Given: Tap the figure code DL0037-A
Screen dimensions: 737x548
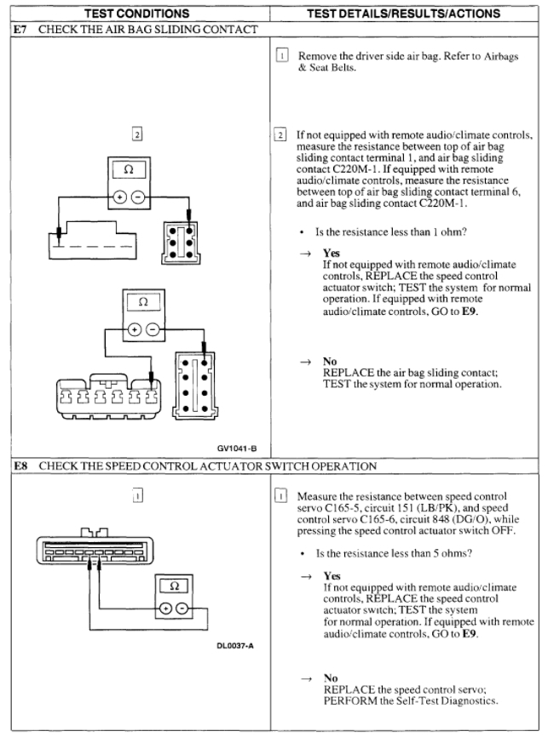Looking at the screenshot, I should [x=231, y=643].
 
